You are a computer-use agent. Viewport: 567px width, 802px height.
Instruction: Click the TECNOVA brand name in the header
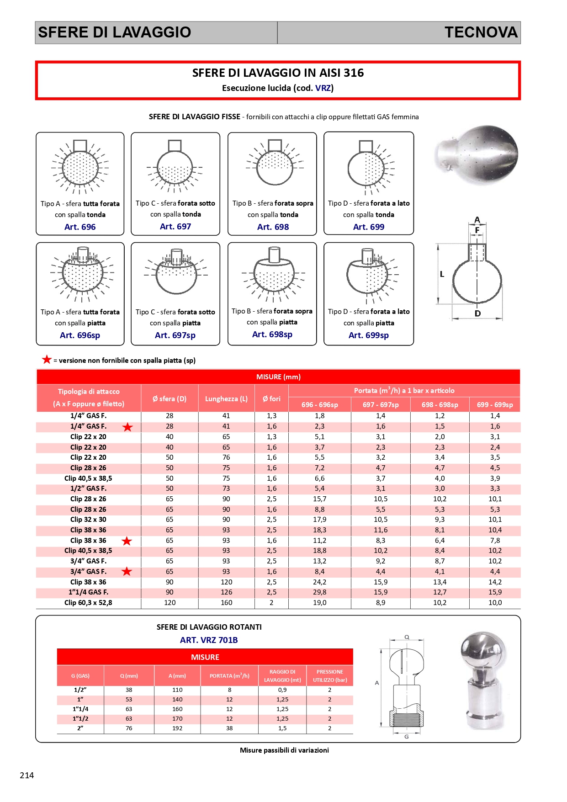point(481,32)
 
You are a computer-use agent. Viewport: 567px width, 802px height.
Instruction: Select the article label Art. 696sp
point(80,335)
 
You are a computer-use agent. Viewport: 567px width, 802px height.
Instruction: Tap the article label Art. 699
point(369,227)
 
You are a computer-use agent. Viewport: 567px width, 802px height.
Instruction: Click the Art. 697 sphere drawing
point(175,167)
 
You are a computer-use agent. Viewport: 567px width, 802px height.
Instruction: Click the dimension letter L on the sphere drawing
point(442,274)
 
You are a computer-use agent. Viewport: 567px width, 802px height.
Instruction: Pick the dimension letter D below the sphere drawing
point(477,313)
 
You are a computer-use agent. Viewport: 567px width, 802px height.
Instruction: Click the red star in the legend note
point(47,360)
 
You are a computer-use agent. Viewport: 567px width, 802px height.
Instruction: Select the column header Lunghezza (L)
point(226,399)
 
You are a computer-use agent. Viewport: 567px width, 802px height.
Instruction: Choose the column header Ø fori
point(271,399)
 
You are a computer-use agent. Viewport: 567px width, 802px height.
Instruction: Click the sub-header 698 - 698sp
point(440,405)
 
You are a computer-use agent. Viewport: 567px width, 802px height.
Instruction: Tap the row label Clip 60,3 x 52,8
point(88,603)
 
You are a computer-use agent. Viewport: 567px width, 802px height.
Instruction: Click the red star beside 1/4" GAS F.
point(127,427)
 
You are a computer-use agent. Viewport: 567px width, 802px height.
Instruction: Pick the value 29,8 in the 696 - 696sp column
point(319,592)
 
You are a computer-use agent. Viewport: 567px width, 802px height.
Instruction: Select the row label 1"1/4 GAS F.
point(88,592)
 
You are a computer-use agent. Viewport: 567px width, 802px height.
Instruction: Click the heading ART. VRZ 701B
point(209,640)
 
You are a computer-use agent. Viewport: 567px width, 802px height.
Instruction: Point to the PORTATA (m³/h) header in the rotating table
point(229,676)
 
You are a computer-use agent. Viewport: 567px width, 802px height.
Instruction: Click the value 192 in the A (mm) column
point(177,728)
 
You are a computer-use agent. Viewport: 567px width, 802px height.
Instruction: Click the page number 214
point(27,775)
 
